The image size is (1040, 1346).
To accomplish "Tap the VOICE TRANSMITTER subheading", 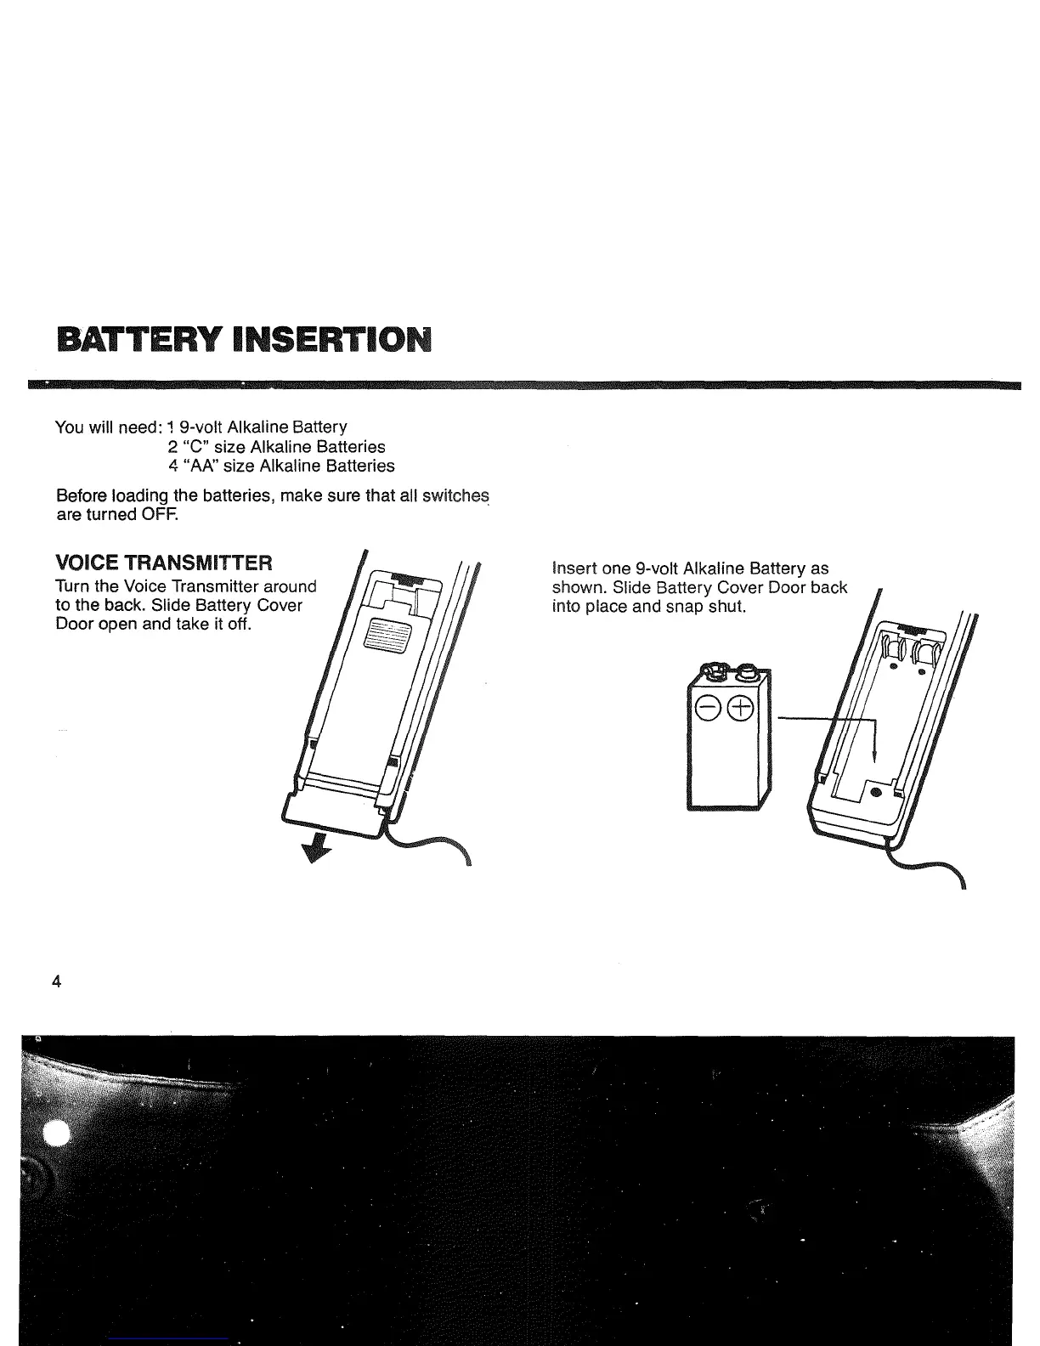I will pyautogui.click(x=164, y=563).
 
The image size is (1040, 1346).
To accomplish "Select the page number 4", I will pyautogui.click(x=56, y=982).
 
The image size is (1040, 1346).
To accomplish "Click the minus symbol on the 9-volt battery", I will pyautogui.click(x=707, y=709).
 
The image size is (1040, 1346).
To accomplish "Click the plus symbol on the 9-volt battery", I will pyautogui.click(x=741, y=709).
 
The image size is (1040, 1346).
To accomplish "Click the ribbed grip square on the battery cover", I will pyautogui.click(x=387, y=634).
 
